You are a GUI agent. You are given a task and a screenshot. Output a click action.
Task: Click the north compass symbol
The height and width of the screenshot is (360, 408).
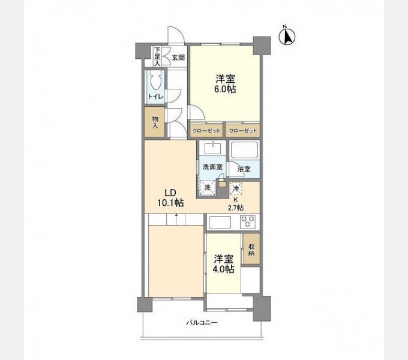click(287, 37)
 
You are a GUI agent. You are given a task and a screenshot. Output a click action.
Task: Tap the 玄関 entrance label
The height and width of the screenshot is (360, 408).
click(178, 58)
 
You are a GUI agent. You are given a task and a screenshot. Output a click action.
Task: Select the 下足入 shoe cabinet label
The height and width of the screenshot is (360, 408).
click(157, 56)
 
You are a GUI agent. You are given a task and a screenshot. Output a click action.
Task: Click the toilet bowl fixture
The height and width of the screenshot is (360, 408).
click(155, 80)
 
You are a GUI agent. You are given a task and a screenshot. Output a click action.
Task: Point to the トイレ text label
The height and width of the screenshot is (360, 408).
click(155, 97)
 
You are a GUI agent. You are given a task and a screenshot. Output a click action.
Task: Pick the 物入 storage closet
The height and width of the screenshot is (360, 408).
click(155, 122)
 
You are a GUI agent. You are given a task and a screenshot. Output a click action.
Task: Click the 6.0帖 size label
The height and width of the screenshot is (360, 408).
click(225, 89)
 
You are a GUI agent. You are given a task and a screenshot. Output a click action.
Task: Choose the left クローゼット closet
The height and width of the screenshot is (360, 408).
click(206, 130)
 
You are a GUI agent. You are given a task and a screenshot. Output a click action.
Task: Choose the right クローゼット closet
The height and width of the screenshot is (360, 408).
click(242, 130)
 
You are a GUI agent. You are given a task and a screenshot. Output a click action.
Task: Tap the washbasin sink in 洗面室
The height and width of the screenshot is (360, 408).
click(212, 148)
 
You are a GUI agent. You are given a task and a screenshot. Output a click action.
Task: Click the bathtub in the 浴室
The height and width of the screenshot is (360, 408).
click(245, 150)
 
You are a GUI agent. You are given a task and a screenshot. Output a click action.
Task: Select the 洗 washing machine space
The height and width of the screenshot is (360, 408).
click(208, 187)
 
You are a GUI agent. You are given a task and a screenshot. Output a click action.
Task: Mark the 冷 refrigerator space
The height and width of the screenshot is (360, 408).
click(236, 188)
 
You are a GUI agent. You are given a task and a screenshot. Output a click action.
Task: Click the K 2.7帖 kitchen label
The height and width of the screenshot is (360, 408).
click(236, 204)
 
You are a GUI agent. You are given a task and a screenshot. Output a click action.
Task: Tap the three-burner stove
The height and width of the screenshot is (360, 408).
click(248, 222)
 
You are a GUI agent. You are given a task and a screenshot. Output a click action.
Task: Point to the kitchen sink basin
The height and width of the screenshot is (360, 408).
click(220, 222)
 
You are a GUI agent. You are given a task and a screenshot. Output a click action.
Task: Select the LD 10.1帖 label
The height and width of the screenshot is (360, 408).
click(170, 197)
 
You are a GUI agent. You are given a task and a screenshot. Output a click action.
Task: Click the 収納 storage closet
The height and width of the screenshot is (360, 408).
click(251, 249)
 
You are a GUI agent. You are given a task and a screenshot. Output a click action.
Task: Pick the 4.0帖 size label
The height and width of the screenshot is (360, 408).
click(223, 269)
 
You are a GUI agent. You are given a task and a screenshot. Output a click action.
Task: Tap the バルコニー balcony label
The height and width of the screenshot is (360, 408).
click(202, 323)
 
